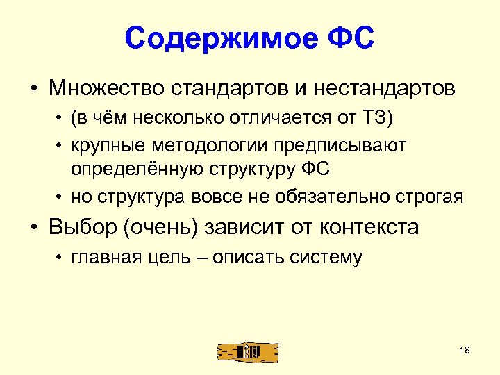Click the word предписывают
click(x=333, y=145)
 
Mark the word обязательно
click(x=326, y=197)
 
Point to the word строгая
click(x=426, y=197)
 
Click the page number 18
click(x=465, y=350)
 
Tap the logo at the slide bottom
click(x=247, y=351)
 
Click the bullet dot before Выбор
click(x=33, y=227)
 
